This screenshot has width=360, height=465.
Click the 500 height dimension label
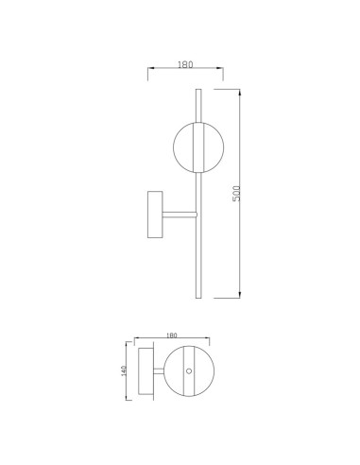click(236, 194)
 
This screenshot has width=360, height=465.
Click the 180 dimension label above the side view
click(185, 64)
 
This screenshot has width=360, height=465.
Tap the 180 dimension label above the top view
click(171, 336)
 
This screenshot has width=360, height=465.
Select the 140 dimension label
click(123, 370)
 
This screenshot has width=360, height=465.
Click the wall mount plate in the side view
click(155, 215)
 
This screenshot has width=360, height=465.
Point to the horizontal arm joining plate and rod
click(180, 215)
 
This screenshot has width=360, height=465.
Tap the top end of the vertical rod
click(198, 90)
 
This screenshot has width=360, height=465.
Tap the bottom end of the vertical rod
click(198, 298)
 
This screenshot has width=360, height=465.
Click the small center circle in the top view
click(189, 371)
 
